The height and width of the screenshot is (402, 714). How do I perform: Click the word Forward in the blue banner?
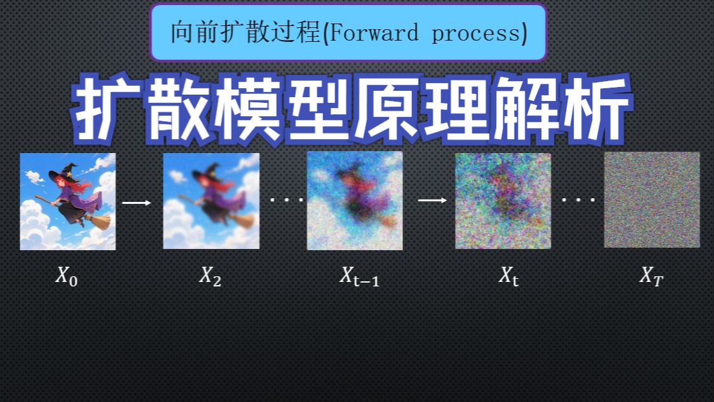373,33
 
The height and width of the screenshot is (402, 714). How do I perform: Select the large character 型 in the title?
319,109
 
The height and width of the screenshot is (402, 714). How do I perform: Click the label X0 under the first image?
67,276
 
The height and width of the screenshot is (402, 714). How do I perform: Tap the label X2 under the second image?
210,276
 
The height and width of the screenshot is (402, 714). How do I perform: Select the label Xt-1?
359,276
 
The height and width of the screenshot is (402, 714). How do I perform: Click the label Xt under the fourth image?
508,276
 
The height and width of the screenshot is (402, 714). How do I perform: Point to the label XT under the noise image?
652,276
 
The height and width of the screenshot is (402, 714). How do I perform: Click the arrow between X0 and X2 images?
136,203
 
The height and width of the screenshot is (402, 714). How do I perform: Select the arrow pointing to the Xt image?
433,199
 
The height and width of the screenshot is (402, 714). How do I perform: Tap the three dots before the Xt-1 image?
287,199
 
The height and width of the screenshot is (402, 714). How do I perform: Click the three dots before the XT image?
578,199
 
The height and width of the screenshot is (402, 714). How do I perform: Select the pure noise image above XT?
652,199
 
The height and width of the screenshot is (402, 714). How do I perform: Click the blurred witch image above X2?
211,201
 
